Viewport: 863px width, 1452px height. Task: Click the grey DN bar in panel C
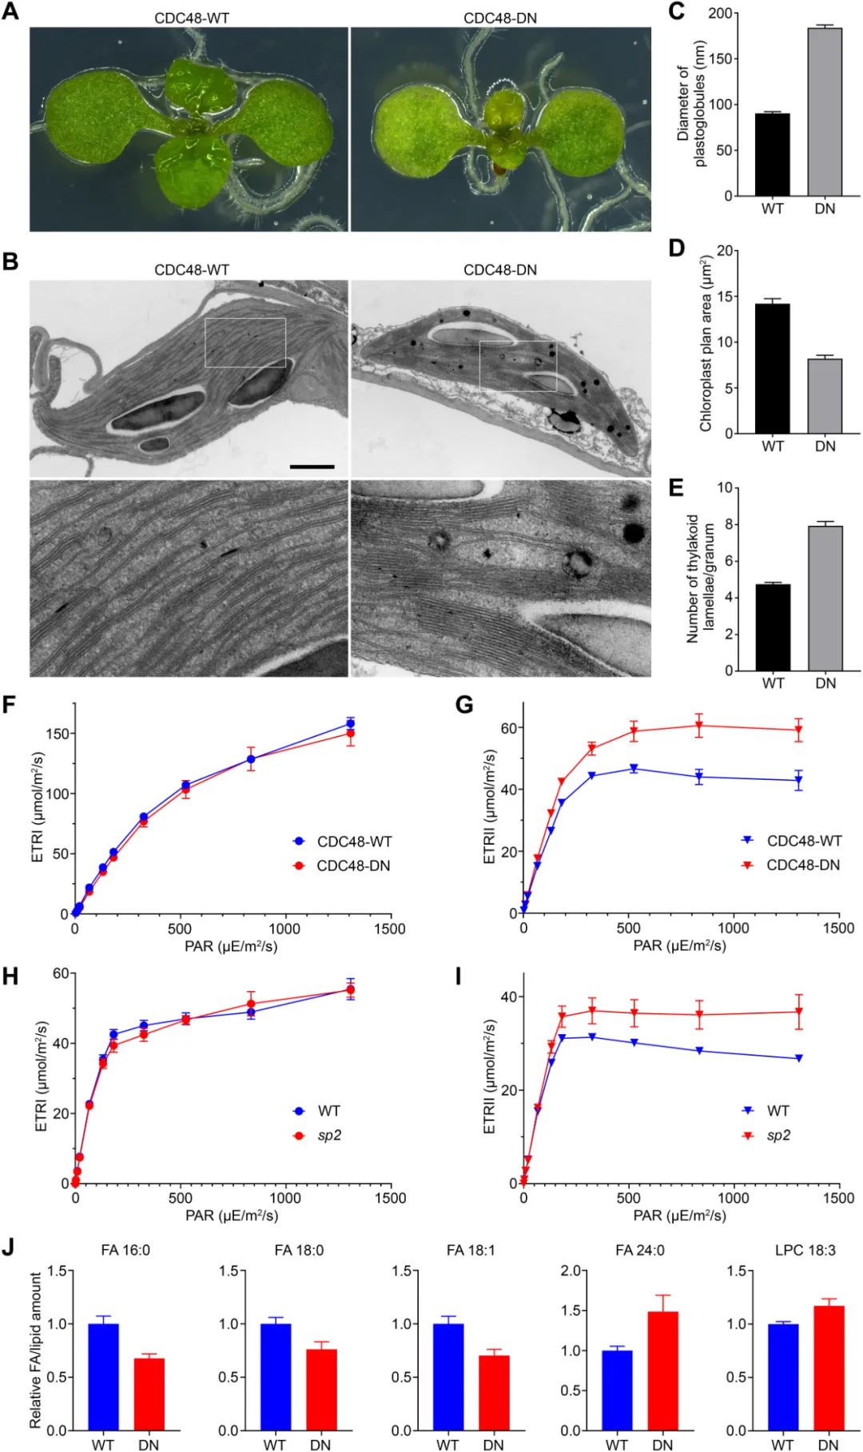pos(825,112)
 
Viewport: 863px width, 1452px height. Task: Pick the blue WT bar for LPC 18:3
pos(782,1377)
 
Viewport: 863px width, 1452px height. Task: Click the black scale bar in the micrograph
pos(312,466)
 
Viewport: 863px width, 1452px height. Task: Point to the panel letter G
pos(463,705)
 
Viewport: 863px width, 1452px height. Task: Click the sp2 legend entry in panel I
pos(777,1135)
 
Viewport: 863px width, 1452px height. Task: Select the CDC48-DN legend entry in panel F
pos(353,865)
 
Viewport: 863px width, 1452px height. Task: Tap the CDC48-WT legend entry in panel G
pos(803,841)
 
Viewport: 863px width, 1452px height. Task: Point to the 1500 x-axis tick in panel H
pos(390,1198)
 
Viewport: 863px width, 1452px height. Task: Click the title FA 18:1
pos(471,1250)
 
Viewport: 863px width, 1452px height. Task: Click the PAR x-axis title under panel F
pos(232,946)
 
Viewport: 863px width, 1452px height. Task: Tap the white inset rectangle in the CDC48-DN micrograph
pos(518,365)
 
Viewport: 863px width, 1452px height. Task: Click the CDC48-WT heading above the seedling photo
pos(192,18)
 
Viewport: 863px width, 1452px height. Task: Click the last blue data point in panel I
pos(797,1058)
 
